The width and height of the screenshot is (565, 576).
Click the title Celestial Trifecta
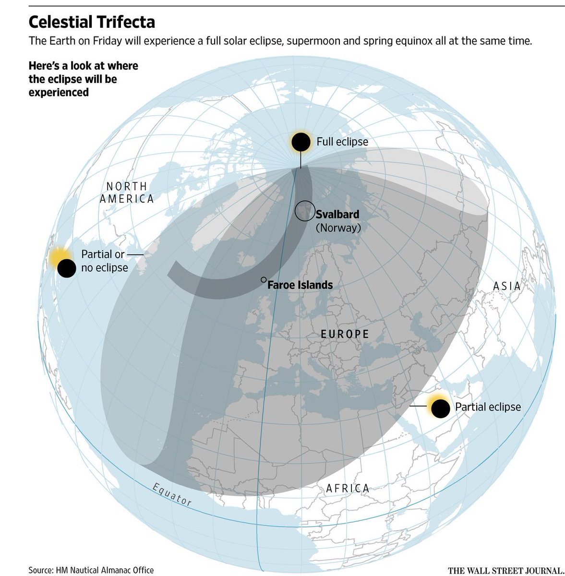(92, 22)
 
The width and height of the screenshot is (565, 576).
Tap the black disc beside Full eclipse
(301, 142)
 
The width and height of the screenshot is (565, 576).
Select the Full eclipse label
(342, 142)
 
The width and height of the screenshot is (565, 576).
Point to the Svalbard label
(337, 215)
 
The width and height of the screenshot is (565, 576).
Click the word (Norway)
(338, 228)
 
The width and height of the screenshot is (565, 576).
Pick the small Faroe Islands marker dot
(263, 279)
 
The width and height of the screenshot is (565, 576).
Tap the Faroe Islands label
(300, 285)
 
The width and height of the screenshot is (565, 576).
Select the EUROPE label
(345, 334)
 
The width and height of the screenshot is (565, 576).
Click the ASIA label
(507, 287)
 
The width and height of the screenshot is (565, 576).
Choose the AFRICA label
(348, 489)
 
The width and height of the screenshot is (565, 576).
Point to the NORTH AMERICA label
(127, 192)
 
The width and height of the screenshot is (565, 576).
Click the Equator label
(172, 495)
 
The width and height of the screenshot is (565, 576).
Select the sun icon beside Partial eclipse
(440, 408)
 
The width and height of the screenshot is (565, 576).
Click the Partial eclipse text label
(488, 407)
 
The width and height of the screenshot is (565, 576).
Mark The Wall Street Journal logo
(505, 570)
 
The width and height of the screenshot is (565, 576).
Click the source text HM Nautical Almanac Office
(91, 570)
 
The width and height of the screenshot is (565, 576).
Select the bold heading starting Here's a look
(83, 79)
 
